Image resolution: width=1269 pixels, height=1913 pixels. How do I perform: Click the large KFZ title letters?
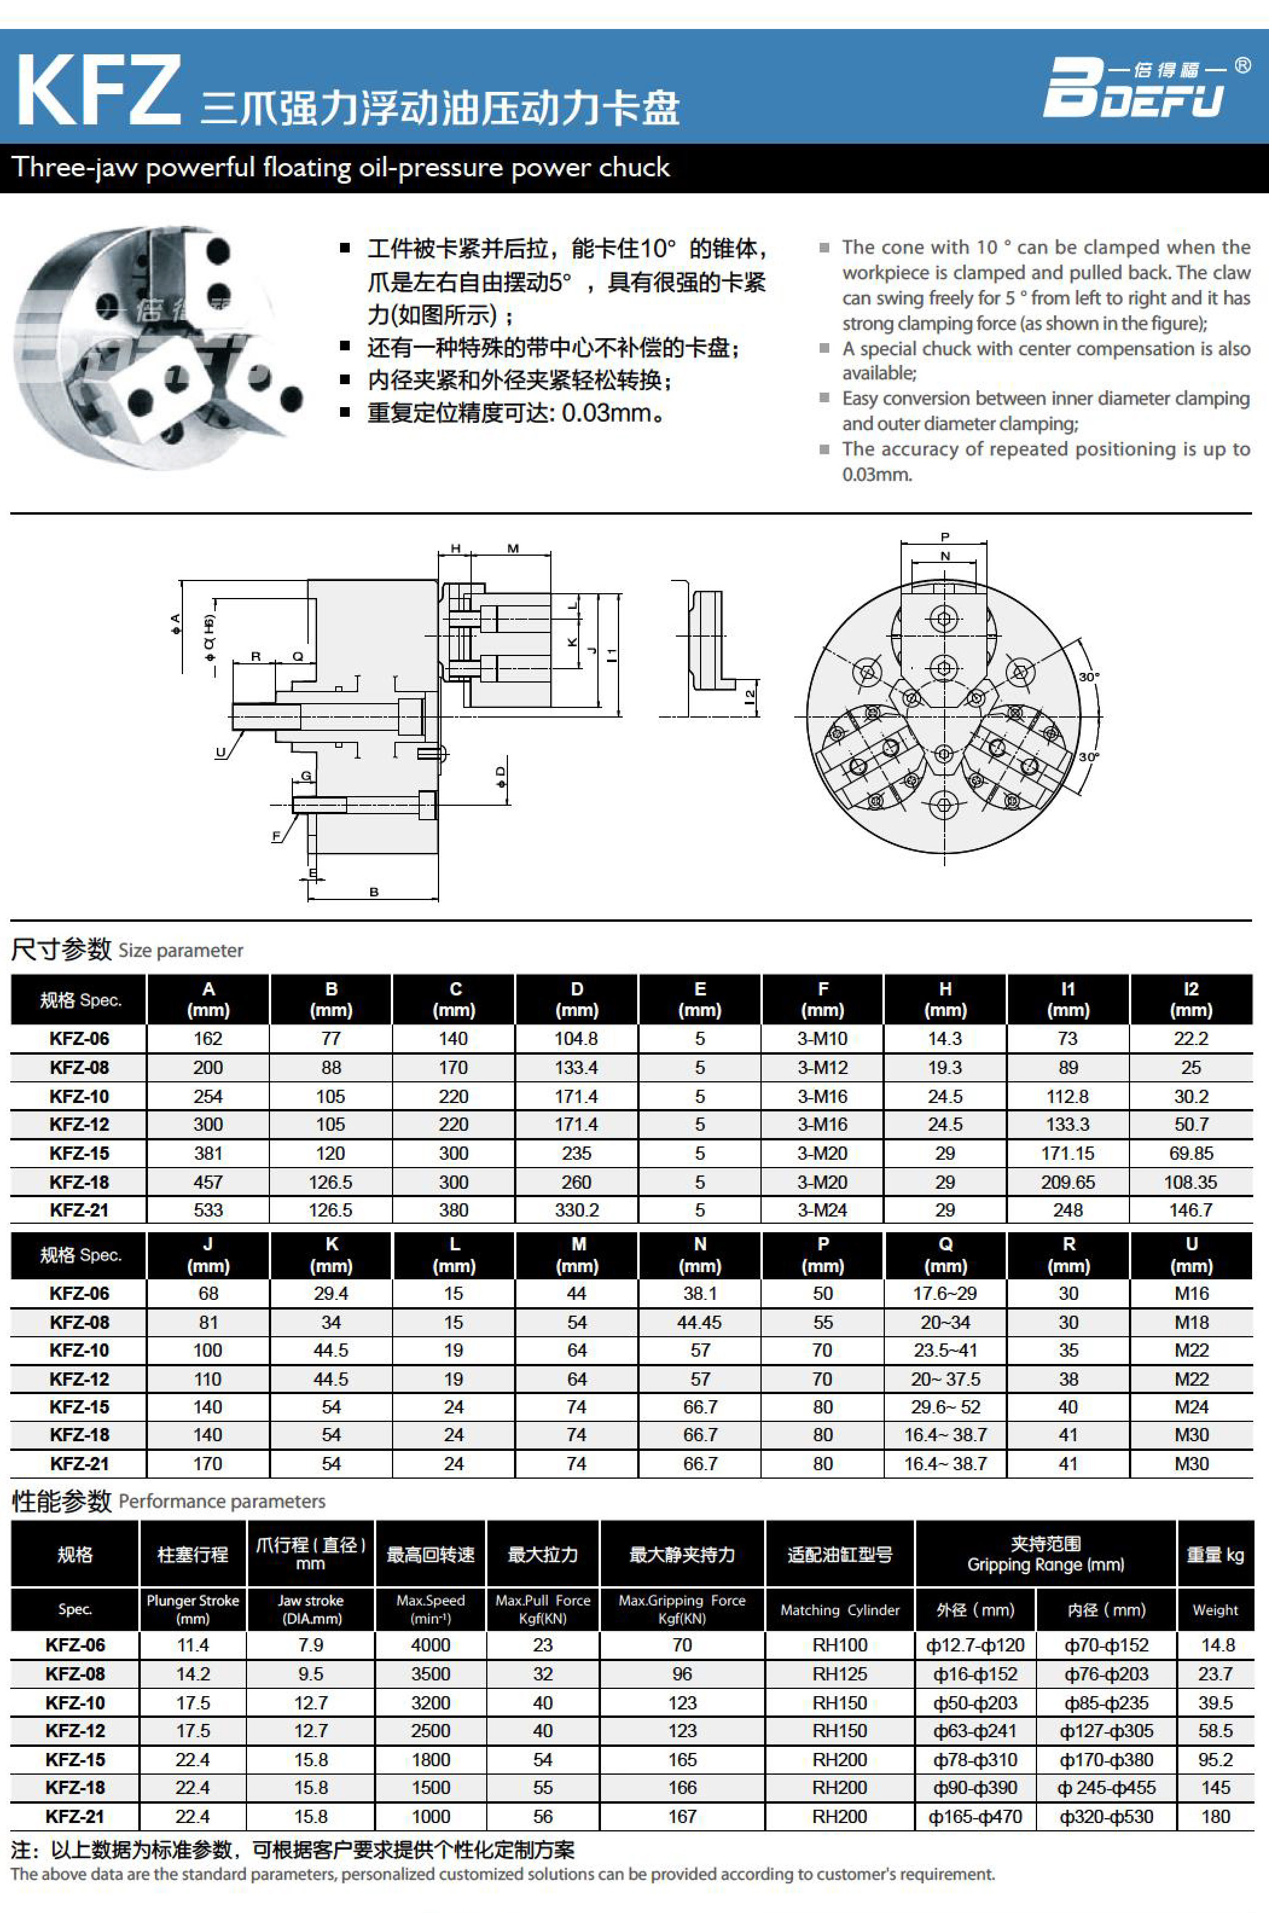(97, 91)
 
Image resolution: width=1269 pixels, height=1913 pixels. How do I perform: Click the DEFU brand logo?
(1133, 89)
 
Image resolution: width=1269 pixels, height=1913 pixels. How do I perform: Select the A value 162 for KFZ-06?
(208, 1038)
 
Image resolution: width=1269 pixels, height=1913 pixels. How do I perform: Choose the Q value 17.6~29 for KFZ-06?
(945, 1293)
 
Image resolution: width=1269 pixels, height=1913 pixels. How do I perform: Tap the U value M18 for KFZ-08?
(1191, 1322)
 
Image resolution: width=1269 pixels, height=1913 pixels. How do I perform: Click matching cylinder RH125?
(840, 1673)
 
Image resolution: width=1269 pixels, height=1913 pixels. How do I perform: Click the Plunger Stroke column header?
(193, 1609)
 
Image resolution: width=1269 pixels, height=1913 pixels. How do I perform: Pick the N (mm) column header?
(700, 1255)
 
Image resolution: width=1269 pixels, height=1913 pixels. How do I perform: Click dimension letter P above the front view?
(945, 536)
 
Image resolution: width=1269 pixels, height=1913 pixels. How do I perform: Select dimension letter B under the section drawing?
(374, 892)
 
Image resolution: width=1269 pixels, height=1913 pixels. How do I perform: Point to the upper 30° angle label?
(1088, 677)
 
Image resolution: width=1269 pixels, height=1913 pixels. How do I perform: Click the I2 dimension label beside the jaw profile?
(750, 693)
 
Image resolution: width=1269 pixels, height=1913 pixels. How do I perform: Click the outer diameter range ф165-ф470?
(975, 1817)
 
